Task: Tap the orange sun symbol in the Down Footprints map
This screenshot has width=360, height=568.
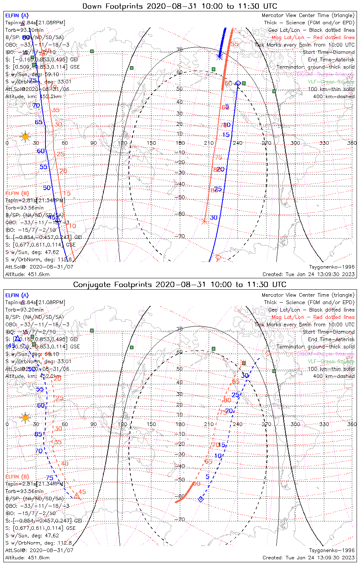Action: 25,137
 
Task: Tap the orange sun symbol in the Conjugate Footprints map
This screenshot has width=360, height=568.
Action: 25,418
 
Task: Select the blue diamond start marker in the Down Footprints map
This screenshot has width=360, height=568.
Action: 238,83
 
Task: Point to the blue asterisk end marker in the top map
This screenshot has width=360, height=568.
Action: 219,57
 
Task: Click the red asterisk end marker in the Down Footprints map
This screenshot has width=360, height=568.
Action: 205,221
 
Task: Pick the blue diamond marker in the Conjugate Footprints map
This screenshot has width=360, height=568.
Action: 201,499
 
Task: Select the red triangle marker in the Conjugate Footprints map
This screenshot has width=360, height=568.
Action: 77,496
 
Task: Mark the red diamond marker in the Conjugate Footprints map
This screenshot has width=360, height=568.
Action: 268,353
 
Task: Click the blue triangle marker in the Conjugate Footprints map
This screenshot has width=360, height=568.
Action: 17,338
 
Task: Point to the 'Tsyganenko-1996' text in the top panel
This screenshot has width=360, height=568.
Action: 332,267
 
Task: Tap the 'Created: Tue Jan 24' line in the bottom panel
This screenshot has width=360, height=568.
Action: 308,558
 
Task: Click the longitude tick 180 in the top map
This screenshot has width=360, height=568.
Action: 180,143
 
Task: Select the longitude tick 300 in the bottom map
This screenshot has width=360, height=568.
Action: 295,424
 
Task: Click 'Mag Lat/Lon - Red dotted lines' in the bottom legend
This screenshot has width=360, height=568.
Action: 313,317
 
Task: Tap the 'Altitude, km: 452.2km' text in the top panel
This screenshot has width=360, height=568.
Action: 33,97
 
